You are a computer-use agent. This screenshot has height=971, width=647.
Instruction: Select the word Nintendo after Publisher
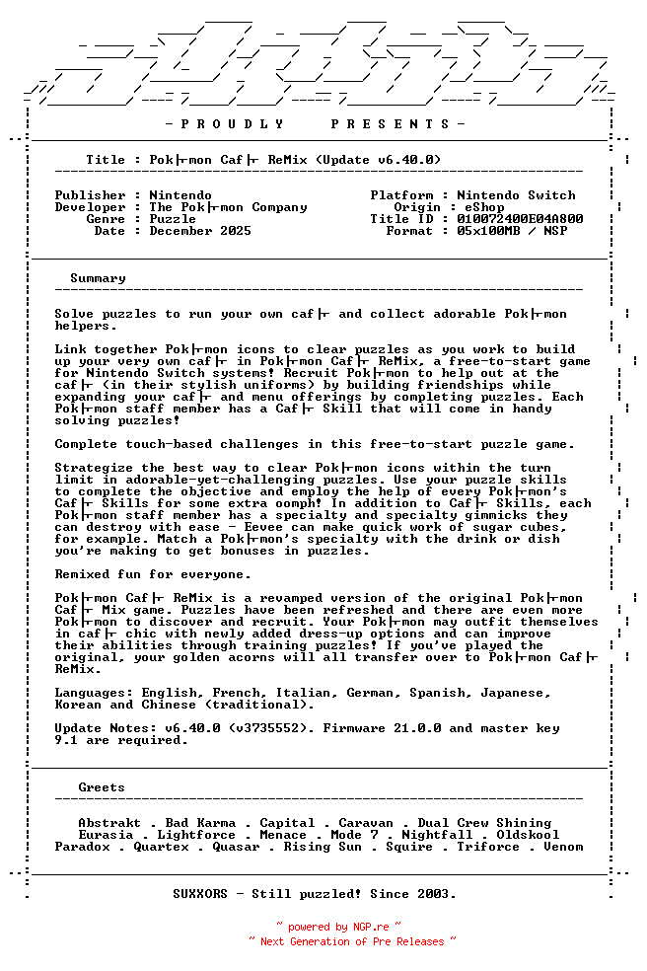pyautogui.click(x=180, y=195)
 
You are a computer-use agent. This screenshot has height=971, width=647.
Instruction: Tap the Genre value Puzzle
pyautogui.click(x=173, y=219)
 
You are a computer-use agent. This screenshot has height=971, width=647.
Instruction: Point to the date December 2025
pyautogui.click(x=200, y=231)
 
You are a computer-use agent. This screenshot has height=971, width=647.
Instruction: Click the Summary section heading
pyautogui.click(x=98, y=278)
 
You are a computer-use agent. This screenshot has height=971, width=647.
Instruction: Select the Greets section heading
pyautogui.click(x=102, y=787)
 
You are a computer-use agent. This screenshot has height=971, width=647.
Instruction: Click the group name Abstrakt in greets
pyautogui.click(x=109, y=823)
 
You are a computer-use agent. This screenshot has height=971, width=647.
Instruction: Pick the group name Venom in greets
pyautogui.click(x=563, y=847)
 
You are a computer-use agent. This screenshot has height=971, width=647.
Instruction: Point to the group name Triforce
pyautogui.click(x=488, y=847)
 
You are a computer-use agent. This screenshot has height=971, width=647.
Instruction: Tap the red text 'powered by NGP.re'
pyautogui.click(x=338, y=928)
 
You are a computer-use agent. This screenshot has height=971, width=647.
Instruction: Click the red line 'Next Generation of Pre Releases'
pyautogui.click(x=352, y=941)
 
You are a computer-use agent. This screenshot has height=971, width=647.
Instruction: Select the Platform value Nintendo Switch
pyautogui.click(x=516, y=195)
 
